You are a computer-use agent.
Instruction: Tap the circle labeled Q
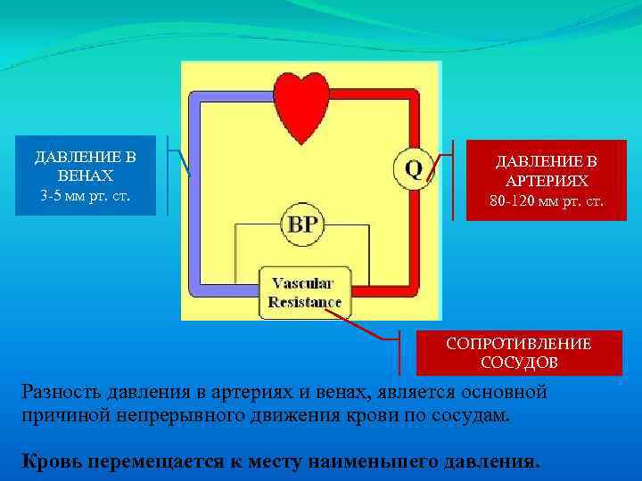(414, 167)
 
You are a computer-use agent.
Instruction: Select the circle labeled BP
(302, 224)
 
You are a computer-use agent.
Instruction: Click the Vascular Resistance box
(304, 293)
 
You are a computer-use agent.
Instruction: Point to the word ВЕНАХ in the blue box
(86, 176)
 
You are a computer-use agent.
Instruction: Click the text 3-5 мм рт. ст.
(86, 194)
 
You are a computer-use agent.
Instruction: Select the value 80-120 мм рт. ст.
(547, 200)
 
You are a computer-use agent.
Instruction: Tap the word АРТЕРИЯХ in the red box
(547, 182)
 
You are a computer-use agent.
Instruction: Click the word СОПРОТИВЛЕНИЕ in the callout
(519, 344)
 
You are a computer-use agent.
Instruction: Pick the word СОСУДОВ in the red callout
(519, 363)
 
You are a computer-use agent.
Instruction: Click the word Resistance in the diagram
(305, 302)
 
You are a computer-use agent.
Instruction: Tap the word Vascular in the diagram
(303, 283)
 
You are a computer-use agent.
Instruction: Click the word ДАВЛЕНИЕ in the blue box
(86, 158)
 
